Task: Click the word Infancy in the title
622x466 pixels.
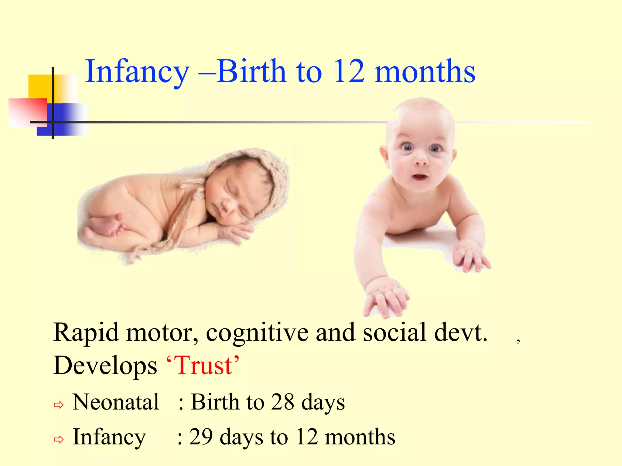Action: [137, 72]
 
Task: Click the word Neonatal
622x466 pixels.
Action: [116, 402]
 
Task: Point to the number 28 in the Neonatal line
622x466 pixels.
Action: [282, 402]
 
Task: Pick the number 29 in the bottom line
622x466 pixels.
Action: [201, 437]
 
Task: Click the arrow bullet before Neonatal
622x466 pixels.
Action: [59, 404]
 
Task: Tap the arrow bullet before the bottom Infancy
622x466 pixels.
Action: [59, 439]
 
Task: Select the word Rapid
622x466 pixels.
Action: [86, 333]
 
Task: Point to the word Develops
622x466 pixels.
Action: [105, 366]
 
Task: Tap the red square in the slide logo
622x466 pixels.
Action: [27, 112]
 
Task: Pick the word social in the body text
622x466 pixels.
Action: [395, 333]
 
